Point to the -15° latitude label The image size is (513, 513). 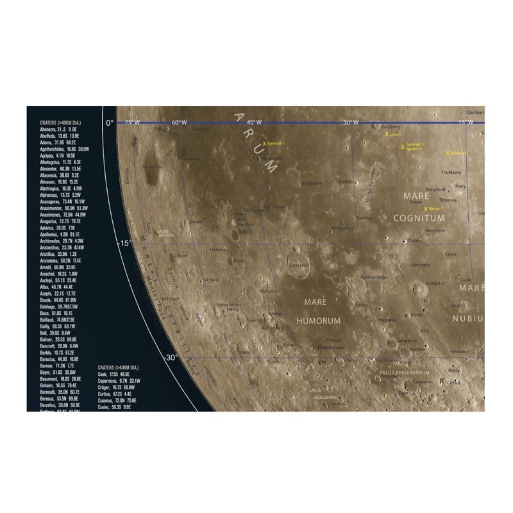tap(123, 244)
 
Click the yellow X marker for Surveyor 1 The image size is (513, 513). tap(264, 145)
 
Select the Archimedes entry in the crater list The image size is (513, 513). tap(57, 241)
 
